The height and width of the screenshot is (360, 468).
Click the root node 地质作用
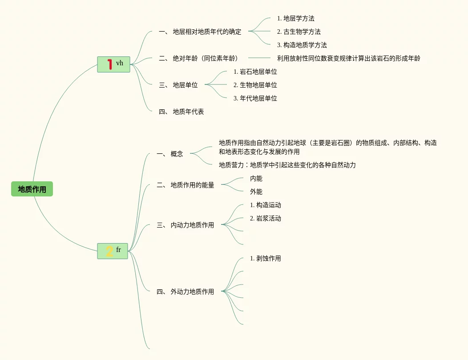(32, 189)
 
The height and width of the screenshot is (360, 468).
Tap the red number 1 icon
(109, 64)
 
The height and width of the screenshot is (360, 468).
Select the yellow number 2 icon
(109, 252)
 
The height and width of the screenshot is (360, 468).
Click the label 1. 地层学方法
(295, 18)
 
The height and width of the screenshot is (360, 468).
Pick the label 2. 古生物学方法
(299, 32)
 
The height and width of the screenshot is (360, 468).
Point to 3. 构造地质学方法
(302, 45)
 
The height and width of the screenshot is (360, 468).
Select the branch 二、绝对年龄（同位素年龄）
(198, 58)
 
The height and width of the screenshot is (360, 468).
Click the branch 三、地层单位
(178, 85)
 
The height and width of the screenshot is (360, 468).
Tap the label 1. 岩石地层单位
(255, 72)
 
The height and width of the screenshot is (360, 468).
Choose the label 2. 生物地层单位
(255, 85)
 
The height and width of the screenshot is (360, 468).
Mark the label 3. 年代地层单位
(255, 98)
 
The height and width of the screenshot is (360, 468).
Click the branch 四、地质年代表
(181, 112)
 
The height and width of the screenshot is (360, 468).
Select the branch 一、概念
(170, 154)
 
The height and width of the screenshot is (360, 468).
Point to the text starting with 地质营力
(287, 165)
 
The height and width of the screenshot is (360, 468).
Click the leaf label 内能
(256, 178)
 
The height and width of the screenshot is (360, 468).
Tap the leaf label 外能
(256, 192)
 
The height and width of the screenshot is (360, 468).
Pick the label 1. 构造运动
(265, 205)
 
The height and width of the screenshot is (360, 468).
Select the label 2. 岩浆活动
(265, 218)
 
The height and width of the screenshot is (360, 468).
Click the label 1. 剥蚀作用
(265, 258)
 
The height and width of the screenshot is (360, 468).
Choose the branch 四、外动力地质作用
(185, 292)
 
